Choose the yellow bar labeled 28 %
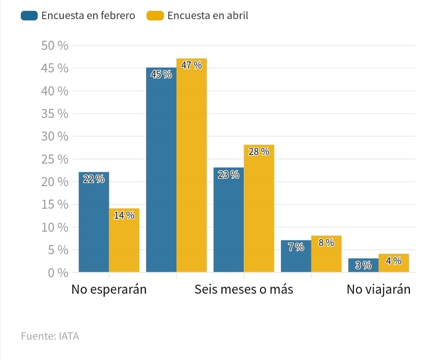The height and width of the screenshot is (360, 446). pos(259,208)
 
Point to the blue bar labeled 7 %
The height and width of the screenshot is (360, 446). pos(296,256)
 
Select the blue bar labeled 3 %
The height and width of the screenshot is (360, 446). pos(363,265)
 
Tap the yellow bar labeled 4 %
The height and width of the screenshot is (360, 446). pos(393,263)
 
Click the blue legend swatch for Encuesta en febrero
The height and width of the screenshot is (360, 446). pos(29,16)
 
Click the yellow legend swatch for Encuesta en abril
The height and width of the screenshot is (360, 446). pos(155,16)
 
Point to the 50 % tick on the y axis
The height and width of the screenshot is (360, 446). pos(55,45)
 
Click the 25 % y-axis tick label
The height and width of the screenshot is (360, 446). pos(55,159)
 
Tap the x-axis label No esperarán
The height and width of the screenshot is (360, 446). pos(109,290)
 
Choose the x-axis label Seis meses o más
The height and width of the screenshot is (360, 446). pos(244,290)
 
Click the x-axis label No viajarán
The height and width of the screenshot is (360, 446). pos(379,290)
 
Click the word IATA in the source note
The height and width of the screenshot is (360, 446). pos(68,336)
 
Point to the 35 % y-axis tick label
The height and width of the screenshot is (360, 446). pos(55,114)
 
